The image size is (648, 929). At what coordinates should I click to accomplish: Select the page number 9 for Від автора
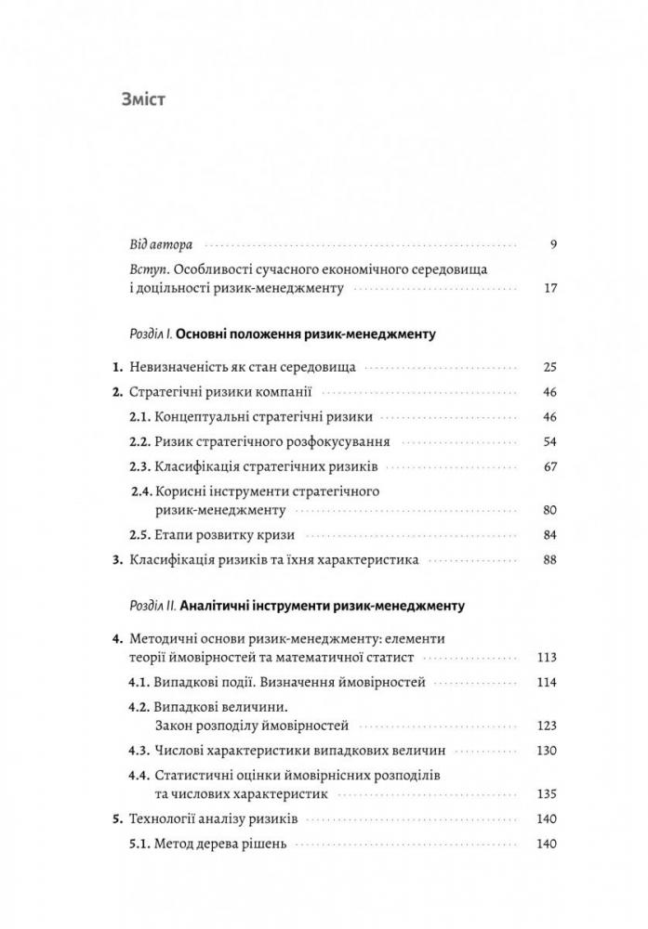[x=552, y=246]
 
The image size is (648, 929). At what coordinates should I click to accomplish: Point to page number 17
[x=549, y=288]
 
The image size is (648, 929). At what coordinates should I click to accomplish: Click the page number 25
[x=548, y=367]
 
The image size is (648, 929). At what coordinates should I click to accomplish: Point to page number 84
[x=548, y=535]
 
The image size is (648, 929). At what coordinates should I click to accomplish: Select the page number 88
[x=548, y=560]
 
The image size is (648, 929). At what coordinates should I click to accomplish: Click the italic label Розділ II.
[x=150, y=606]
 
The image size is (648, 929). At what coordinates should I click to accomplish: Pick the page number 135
[x=547, y=793]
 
